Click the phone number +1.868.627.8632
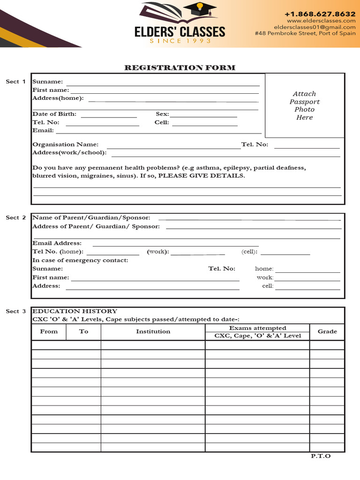coord(320,14)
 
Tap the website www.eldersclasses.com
coord(321,21)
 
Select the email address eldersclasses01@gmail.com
coord(315,27)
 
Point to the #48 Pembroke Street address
coord(305,34)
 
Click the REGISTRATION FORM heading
coord(180,68)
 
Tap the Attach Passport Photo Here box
coord(304,105)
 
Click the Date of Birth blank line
coord(109,116)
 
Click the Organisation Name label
coord(65,144)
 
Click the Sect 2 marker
coord(15,217)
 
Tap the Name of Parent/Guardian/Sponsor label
coord(91,217)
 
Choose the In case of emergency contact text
coord(80,260)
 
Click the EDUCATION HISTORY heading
coord(75,311)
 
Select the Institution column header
coord(153,331)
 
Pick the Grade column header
coord(327,331)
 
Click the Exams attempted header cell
coord(257,328)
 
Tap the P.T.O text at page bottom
coord(321,456)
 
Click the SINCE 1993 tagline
coord(180,41)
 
